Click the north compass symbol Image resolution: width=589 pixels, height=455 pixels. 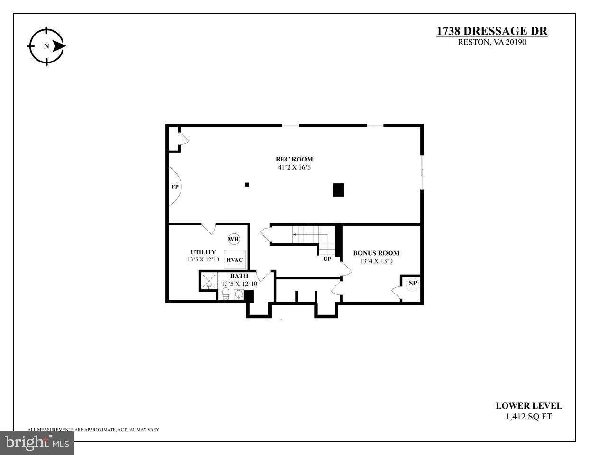coord(46,46)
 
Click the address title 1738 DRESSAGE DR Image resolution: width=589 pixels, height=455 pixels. coord(491,31)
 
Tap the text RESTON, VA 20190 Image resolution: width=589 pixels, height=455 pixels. coord(492,42)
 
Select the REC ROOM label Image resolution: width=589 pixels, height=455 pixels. coord(294,159)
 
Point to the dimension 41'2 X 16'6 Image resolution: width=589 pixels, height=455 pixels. coord(294,167)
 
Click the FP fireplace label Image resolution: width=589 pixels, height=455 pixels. coord(175,187)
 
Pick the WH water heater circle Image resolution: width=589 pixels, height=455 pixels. coord(234,239)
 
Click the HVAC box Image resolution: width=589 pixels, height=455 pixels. coord(235,259)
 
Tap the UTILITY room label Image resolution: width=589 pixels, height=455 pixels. coord(203,252)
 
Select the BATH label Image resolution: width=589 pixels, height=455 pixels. coord(239,276)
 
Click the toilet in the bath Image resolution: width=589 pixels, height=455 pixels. coord(226,294)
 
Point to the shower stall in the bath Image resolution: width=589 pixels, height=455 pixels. coord(208,281)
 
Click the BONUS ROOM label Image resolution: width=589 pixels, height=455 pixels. coord(376,253)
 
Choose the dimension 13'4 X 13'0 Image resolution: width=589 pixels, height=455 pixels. coord(376,261)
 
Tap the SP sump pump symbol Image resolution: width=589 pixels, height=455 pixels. coord(413,283)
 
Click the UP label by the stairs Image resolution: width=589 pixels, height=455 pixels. coord(327,259)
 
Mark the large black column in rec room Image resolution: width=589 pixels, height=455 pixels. coord(338,190)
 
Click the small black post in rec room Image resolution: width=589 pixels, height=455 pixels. coord(247,184)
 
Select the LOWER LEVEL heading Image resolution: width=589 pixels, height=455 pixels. coord(529,406)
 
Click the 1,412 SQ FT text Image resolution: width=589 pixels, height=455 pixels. coord(529,417)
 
